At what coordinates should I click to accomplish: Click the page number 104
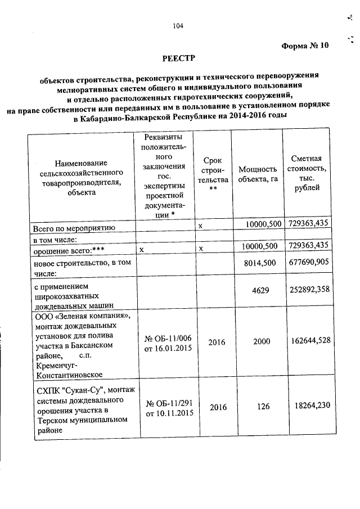coord(179,25)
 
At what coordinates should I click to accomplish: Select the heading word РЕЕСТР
coord(179,58)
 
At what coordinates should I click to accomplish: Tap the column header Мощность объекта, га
coord(258,174)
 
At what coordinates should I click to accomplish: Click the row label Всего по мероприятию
coord(74,228)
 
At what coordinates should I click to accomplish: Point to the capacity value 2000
coord(261,341)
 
